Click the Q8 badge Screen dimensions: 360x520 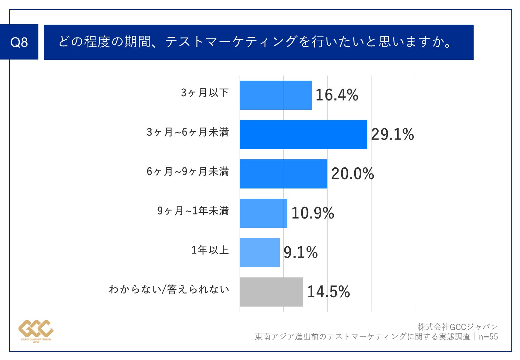pos(19,42)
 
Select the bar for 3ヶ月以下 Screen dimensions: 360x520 pos(276,95)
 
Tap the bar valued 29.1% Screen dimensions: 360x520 pos(303,134)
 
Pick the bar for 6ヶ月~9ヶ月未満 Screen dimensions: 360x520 pos(284,174)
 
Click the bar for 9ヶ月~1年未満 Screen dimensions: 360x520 pos(263,213)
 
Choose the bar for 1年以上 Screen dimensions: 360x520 pos(260,252)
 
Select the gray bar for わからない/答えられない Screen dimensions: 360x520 pos(271,292)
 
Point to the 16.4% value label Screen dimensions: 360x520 pos(337,95)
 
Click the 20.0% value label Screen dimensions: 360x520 pos(352,174)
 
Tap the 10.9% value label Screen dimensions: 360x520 pos(313,213)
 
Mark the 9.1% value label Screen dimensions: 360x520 pos(300,252)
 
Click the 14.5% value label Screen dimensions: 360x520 pos(328,292)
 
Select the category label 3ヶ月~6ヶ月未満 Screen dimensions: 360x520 pos(188,132)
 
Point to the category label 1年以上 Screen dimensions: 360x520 pos(210,250)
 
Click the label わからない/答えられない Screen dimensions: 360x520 pos(169,289)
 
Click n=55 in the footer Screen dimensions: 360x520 pos(488,337)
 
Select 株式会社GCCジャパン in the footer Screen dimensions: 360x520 pos(458,327)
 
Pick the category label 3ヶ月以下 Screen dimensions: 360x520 pos(205,92)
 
